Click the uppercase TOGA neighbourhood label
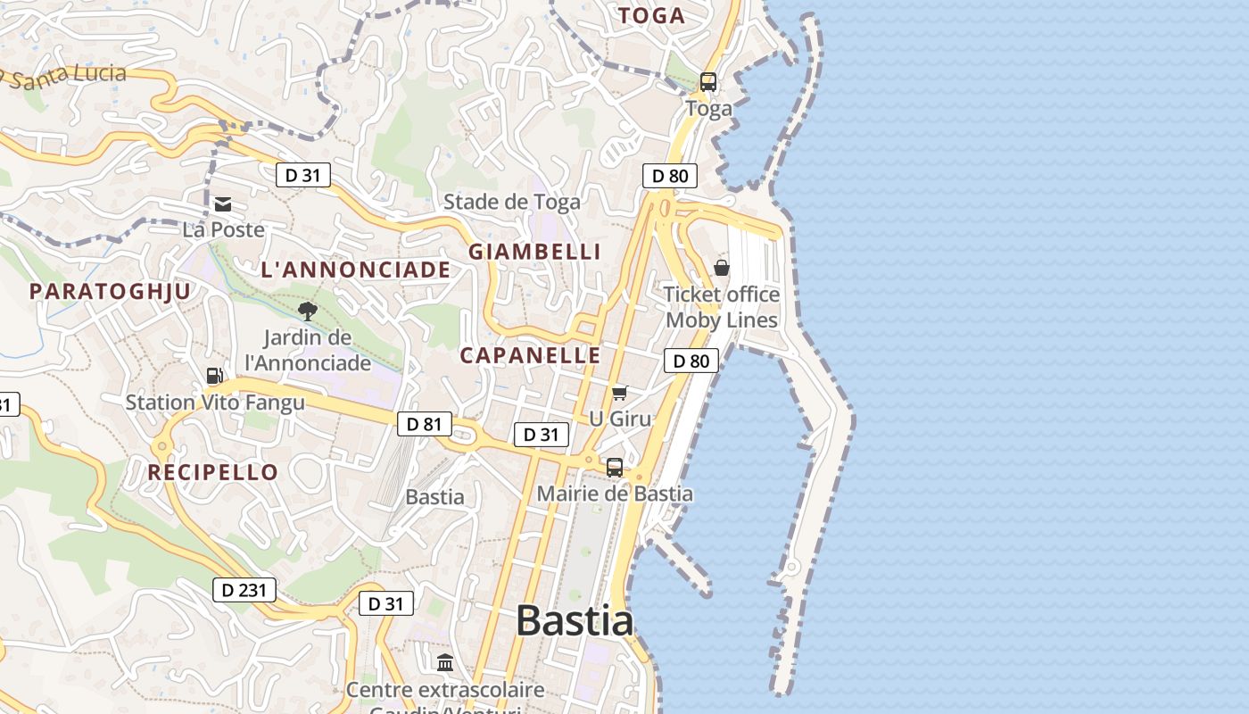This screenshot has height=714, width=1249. (651, 15)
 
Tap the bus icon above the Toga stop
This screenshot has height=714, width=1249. (708, 82)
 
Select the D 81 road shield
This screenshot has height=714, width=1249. (425, 424)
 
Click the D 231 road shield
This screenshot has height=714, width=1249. (244, 590)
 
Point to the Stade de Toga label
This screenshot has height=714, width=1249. (512, 202)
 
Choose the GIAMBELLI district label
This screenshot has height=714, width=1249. (535, 252)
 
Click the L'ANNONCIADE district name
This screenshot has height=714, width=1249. (356, 270)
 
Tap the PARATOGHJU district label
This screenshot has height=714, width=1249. (111, 291)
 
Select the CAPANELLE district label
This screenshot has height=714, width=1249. (530, 355)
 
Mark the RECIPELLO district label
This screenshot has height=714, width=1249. (213, 472)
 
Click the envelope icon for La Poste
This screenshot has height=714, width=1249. (223, 204)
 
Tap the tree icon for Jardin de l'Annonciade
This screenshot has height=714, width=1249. (308, 311)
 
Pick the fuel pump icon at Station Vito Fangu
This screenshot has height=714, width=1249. (214, 376)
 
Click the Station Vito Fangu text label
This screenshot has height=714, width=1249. (215, 403)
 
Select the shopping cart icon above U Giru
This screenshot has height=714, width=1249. (620, 393)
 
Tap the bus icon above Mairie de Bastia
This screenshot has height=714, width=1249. (615, 467)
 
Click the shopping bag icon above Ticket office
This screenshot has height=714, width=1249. (722, 268)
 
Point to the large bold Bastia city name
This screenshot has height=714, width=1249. (575, 620)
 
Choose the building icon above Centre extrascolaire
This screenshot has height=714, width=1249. (445, 663)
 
